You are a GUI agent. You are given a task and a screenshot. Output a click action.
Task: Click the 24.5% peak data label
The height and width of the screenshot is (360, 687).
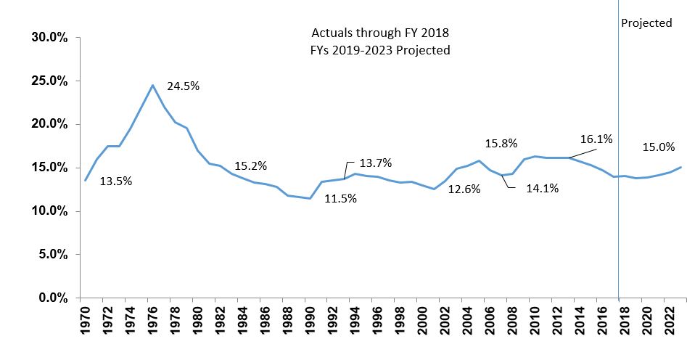(x=183, y=86)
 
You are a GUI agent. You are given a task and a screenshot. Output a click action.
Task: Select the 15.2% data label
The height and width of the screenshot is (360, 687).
(x=251, y=165)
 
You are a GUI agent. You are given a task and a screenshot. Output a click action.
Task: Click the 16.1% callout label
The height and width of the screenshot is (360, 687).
(x=596, y=139)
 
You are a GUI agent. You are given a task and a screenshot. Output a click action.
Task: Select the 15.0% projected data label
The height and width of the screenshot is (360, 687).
(x=659, y=147)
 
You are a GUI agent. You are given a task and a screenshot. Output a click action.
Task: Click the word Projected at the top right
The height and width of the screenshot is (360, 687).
(x=646, y=23)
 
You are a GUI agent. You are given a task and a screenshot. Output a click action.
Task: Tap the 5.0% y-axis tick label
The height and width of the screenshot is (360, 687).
(x=53, y=255)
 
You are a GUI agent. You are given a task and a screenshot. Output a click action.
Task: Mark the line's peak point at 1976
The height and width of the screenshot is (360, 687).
(x=152, y=85)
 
